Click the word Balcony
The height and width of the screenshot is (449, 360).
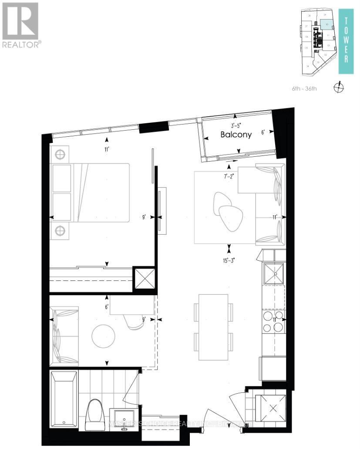click(236, 135)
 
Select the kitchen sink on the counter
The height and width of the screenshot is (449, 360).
click(274, 273)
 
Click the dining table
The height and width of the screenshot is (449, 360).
click(213, 327)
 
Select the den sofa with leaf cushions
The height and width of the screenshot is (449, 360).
click(64, 335)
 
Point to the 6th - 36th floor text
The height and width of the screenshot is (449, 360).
click(305, 89)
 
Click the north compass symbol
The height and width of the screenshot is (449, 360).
click(339, 88)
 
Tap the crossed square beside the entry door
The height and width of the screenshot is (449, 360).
click(272, 408)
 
